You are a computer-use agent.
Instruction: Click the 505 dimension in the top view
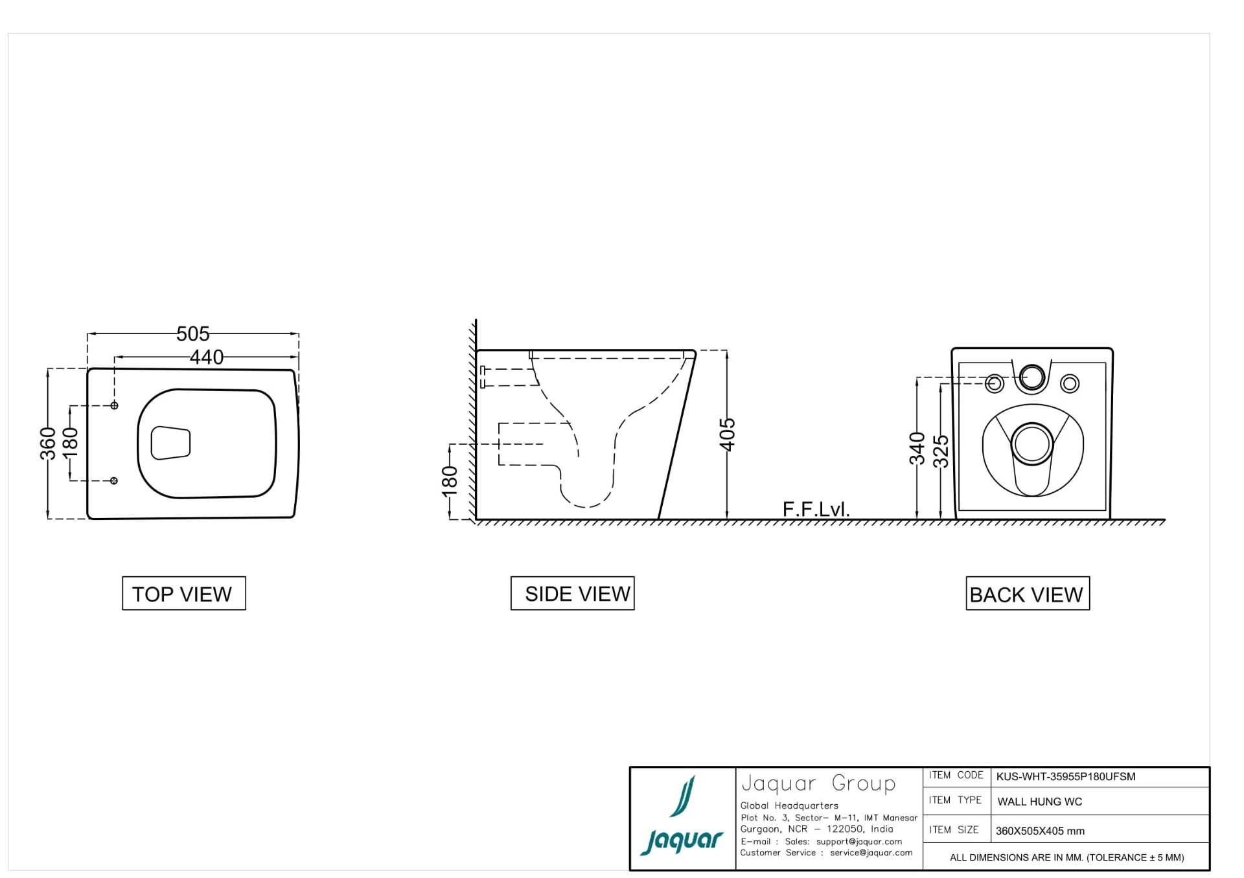click(x=193, y=334)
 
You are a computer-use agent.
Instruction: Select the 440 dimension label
click(x=206, y=357)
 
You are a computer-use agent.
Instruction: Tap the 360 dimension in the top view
click(x=48, y=444)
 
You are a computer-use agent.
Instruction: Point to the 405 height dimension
click(x=728, y=434)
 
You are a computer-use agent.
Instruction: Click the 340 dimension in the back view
click(x=917, y=449)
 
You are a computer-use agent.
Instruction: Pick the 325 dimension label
click(x=941, y=451)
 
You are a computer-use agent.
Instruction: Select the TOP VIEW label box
click(x=184, y=593)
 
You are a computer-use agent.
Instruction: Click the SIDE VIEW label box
click(x=572, y=593)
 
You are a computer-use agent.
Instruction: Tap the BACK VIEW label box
click(x=1028, y=593)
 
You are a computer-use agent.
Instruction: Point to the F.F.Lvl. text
click(x=816, y=510)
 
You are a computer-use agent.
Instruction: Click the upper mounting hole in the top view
click(x=114, y=405)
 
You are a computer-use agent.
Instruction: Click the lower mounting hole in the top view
click(x=114, y=480)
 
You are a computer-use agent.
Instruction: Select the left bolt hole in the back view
click(x=995, y=384)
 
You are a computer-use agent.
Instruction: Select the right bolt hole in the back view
click(x=1070, y=384)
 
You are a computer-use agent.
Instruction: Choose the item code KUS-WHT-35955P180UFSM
click(x=1066, y=777)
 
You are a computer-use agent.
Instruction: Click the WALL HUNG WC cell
click(x=1040, y=802)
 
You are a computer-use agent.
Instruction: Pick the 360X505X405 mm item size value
click(x=1040, y=831)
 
